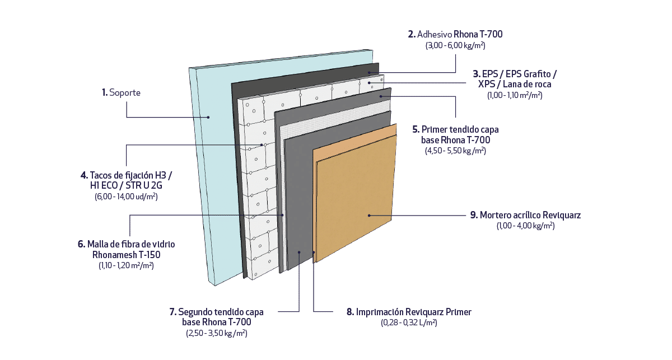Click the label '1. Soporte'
[121, 93]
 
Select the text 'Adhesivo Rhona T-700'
[460, 34]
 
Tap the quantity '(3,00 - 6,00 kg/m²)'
[455, 45]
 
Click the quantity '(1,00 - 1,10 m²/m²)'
[515, 95]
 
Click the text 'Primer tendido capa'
[459, 129]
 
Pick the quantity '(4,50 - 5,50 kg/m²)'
[455, 151]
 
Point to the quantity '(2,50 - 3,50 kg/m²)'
[217, 333]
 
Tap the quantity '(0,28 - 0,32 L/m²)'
[409, 323]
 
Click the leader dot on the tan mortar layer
[369, 215]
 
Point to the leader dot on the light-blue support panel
[208, 117]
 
